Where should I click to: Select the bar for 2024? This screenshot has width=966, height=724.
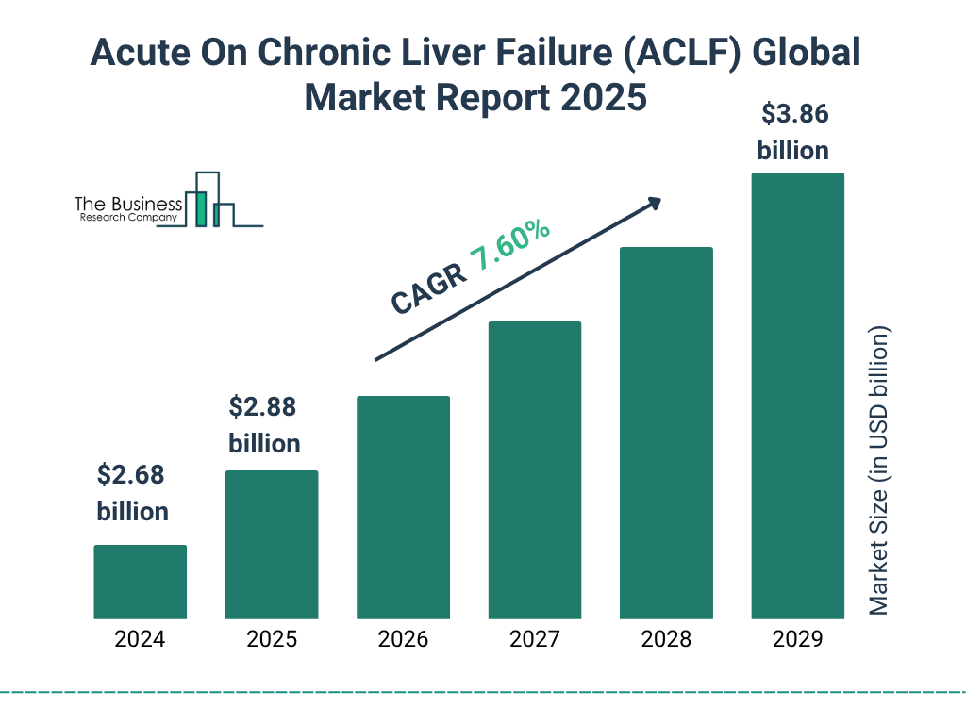click(140, 582)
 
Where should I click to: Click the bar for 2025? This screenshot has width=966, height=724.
click(272, 544)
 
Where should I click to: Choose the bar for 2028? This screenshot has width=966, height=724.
click(666, 433)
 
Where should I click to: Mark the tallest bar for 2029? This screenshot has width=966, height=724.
click(797, 396)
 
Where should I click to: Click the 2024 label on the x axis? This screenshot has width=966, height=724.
click(140, 640)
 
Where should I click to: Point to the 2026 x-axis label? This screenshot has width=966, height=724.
click(403, 640)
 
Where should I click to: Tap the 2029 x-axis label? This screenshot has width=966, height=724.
click(797, 640)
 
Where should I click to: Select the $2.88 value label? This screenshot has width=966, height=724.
click(263, 408)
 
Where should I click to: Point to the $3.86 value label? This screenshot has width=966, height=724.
click(793, 116)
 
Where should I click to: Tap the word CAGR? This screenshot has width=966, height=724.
click(426, 288)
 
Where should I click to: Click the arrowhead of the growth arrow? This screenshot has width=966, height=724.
click(653, 203)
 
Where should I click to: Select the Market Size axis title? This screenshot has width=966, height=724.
click(879, 471)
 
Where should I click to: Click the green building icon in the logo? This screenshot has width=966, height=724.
click(200, 208)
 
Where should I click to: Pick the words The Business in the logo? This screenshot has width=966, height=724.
click(128, 205)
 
